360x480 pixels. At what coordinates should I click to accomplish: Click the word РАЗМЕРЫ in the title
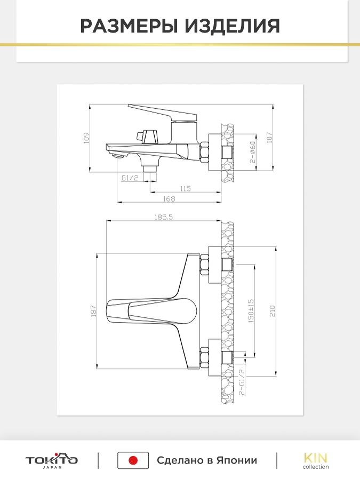129,26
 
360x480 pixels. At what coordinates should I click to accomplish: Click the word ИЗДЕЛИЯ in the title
233,26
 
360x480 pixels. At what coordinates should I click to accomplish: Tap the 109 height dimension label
86,138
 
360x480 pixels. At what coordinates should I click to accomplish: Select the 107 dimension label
269,138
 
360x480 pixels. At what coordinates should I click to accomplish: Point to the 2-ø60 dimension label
253,152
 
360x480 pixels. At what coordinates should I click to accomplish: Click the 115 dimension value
185,189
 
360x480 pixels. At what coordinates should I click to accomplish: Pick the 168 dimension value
169,198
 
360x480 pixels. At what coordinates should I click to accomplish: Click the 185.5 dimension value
164,217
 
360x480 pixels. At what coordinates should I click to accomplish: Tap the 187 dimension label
94,311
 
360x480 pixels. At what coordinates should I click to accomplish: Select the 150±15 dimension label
251,311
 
